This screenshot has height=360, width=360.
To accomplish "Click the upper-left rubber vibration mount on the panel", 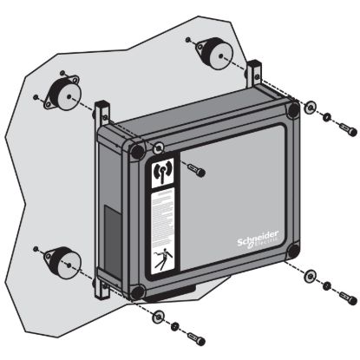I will click(64, 91).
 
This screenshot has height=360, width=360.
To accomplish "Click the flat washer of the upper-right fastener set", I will click(311, 108).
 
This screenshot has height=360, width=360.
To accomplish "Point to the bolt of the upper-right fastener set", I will click(346, 128).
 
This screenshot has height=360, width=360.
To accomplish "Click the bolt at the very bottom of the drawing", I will click(195, 337).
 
